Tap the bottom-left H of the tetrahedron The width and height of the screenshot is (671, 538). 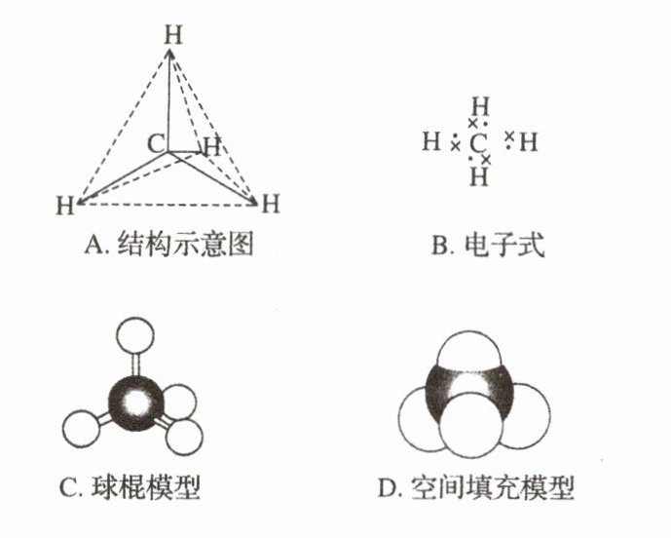point(66,206)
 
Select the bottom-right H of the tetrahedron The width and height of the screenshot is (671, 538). point(271,204)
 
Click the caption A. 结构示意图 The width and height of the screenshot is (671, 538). point(168,245)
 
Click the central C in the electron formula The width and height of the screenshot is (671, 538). point(476,144)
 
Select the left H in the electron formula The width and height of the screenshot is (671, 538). point(431,143)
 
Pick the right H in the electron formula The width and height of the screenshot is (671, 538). point(528,143)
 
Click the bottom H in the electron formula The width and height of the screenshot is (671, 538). point(477,177)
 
